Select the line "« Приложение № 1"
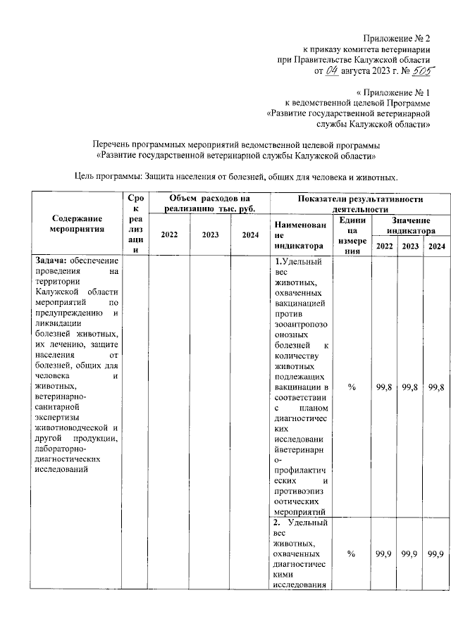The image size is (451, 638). (x=393, y=92)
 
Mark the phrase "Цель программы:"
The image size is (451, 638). (x=109, y=176)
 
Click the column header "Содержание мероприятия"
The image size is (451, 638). (x=78, y=223)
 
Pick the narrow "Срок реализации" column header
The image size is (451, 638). (x=137, y=223)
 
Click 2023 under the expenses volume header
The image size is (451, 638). (x=211, y=234)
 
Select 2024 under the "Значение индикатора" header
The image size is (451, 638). (x=436, y=246)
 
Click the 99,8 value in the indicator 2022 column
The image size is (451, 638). (x=385, y=388)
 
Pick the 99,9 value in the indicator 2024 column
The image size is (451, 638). (x=436, y=556)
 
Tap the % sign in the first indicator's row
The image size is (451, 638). (x=352, y=388)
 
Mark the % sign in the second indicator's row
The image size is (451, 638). (x=352, y=556)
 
